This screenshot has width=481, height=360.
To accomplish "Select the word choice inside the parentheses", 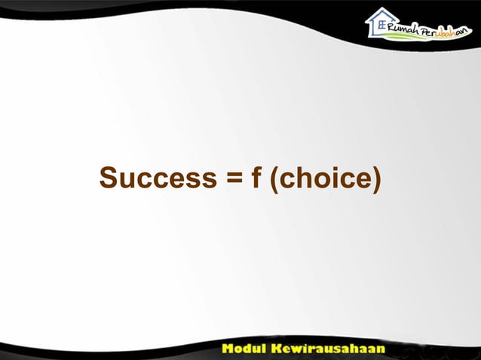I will (x=325, y=179).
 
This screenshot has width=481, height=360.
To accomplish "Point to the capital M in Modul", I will (x=228, y=350).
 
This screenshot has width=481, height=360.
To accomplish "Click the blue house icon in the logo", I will (x=381, y=23).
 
